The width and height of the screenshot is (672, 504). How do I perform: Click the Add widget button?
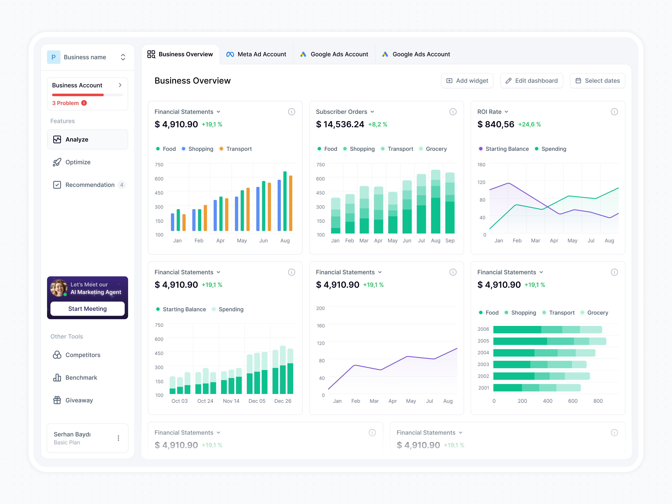[x=467, y=81]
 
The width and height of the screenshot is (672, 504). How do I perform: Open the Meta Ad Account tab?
[x=256, y=54]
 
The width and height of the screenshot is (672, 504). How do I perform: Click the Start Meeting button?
[x=88, y=309]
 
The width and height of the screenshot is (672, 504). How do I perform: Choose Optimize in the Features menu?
[x=78, y=162]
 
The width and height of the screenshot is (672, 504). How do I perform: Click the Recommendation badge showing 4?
[x=122, y=185]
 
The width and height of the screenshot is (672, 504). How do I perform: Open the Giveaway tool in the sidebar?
[x=79, y=400]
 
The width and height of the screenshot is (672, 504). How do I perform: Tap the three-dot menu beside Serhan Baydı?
[x=118, y=438]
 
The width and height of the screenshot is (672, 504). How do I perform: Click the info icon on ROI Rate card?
[x=614, y=112]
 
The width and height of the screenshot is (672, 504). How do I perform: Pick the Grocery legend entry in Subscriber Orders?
[x=436, y=149]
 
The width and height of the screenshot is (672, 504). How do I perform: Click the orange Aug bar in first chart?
[x=290, y=203]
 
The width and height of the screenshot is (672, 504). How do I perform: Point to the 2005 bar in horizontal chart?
[x=549, y=341]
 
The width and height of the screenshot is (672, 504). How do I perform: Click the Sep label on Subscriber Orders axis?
[x=450, y=241]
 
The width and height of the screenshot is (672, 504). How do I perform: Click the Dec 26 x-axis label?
[x=282, y=401]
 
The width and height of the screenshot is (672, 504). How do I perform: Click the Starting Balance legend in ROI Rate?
[x=507, y=149]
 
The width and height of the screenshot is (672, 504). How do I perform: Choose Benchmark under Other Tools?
[x=81, y=378]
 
